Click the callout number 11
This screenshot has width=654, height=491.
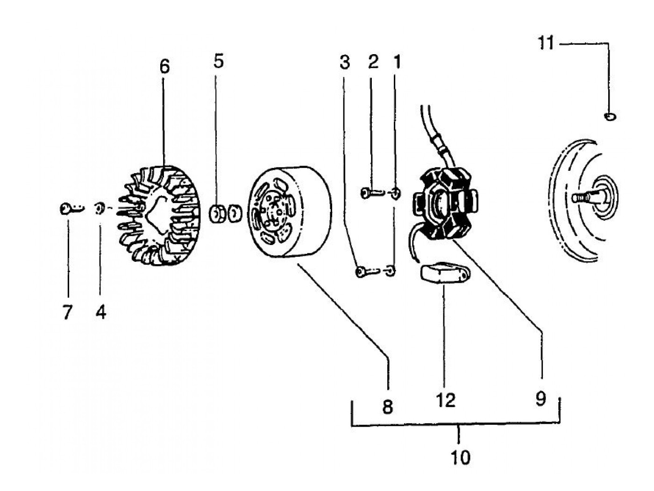[x=545, y=44]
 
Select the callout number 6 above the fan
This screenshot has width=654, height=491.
[x=164, y=67]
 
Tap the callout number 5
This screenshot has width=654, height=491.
[x=219, y=61]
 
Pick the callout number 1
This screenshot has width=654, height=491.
[x=397, y=61]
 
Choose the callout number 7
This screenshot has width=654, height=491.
[x=67, y=312]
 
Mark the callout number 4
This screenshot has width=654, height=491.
[x=101, y=312]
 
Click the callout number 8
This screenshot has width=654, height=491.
[x=387, y=407]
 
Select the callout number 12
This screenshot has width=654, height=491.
[x=446, y=400]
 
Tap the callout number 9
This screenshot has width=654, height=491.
[x=540, y=399]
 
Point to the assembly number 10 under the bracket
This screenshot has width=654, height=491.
[x=460, y=457]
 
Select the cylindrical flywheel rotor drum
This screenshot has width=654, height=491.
[x=290, y=212]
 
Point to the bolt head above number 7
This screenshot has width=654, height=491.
[x=66, y=209]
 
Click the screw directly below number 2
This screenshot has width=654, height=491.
[x=366, y=192]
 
